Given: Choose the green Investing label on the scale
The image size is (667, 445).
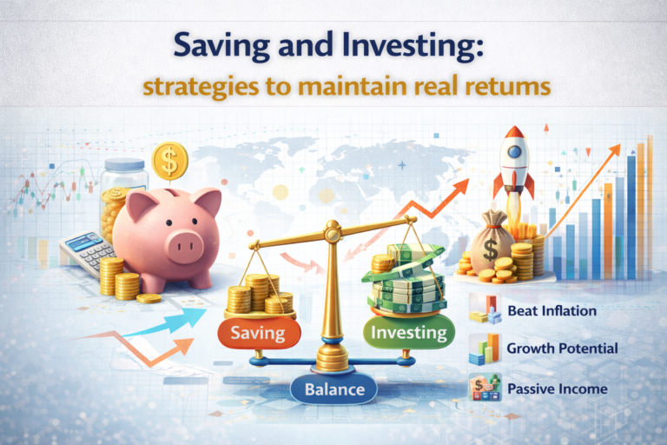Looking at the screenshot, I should (407, 332).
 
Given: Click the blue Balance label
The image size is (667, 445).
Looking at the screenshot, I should (334, 389).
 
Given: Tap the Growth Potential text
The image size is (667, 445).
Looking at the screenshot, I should (562, 349).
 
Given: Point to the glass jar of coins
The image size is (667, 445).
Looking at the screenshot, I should (122, 196).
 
